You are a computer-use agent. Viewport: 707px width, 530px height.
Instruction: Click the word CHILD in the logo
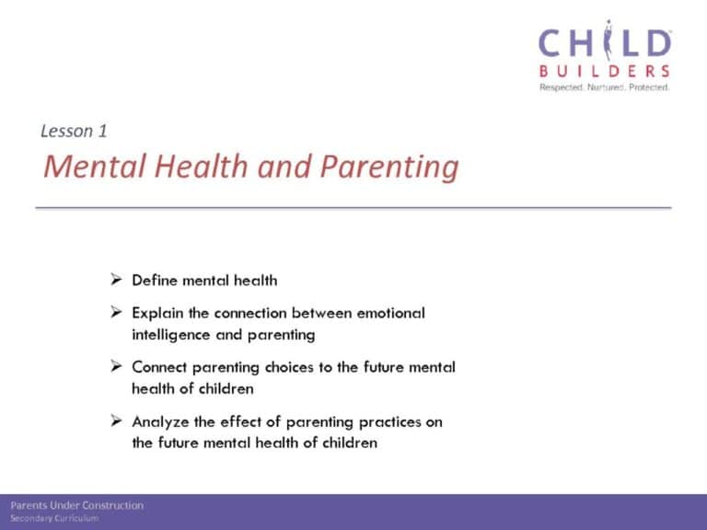tap(605, 41)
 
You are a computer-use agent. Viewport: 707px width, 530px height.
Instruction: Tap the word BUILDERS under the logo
tap(604, 71)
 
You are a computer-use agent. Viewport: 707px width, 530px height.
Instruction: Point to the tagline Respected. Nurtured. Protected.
tap(604, 87)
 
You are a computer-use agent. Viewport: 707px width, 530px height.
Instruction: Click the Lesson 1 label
tap(74, 132)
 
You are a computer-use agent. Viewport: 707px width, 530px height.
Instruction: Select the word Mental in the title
tap(95, 166)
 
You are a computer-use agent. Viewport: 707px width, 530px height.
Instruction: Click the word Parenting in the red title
tap(389, 167)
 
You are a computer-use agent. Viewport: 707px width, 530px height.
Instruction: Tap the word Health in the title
tap(201, 166)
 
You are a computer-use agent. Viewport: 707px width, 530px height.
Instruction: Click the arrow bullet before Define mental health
tap(116, 280)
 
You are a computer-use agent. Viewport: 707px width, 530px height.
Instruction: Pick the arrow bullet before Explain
tap(116, 312)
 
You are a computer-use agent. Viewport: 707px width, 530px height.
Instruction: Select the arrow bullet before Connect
tap(116, 366)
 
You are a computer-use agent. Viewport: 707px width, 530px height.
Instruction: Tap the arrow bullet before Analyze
tap(116, 421)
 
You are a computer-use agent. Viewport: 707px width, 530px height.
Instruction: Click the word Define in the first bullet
tap(155, 281)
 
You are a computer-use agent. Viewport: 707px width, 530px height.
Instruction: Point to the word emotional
tap(391, 313)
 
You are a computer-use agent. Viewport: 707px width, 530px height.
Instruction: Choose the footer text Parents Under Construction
tap(77, 505)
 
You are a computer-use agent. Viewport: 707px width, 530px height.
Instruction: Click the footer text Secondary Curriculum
tap(54, 518)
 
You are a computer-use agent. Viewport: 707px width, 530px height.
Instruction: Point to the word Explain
tap(157, 314)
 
